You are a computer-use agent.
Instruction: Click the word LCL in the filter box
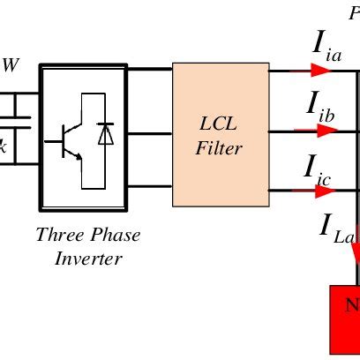220,123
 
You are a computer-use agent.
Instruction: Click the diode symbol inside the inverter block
106,134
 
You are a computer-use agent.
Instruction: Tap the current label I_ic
319,167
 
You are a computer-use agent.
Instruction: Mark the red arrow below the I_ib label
318,131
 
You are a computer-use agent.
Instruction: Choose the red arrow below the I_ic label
318,190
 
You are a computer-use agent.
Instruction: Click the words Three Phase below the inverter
88,236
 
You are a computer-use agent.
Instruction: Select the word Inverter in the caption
88,259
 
